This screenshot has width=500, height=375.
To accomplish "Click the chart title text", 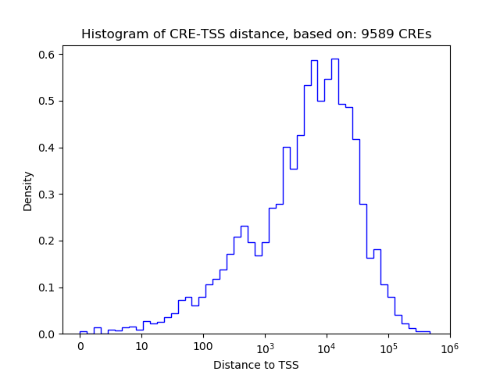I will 256,34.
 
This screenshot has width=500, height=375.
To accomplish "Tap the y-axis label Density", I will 28,191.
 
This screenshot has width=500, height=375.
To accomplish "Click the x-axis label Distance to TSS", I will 256,365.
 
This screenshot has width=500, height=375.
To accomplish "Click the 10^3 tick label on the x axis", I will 265,347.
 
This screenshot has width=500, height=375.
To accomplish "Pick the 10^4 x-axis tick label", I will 327,347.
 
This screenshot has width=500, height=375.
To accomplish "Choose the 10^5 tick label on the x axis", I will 388,347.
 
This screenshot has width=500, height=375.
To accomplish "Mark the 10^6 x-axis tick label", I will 449,347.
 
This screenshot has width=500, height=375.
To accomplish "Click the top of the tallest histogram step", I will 334,59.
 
